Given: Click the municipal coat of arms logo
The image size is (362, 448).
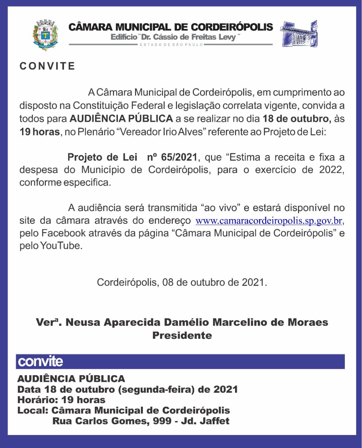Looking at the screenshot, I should (x=45, y=35).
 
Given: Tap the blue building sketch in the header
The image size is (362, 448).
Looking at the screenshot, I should (x=299, y=34).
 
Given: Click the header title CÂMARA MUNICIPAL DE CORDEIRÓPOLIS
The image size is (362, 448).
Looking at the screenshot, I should (x=171, y=27).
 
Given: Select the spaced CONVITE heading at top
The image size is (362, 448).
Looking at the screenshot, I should (x=47, y=66).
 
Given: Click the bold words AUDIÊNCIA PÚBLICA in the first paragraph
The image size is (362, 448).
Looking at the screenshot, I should (x=121, y=119).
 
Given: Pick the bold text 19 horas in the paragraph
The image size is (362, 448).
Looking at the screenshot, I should (x=39, y=132).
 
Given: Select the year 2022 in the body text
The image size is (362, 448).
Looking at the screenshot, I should (x=332, y=170).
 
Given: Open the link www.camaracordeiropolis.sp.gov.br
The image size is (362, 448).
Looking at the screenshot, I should (x=268, y=221).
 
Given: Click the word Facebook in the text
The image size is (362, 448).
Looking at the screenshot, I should (x=63, y=233).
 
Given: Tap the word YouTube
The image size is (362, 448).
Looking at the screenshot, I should (x=61, y=246).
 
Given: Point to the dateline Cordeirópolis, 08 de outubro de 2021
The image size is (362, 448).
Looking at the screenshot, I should (x=182, y=282).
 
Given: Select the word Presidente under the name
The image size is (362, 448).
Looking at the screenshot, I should (x=182, y=335).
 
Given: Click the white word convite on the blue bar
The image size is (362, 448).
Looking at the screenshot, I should (x=40, y=361).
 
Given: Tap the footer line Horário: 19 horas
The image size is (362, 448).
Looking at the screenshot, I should (x=61, y=400).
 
